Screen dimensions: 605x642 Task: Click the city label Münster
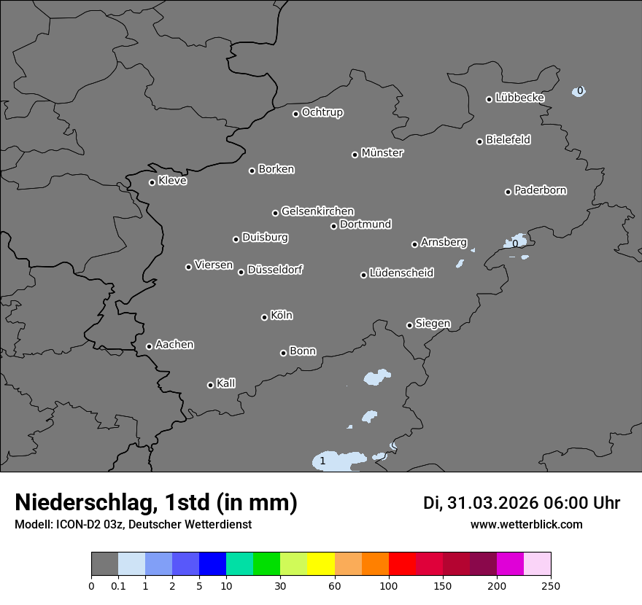[382, 153]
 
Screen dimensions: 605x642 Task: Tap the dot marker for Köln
[264, 317]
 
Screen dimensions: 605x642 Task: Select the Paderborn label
[541, 190]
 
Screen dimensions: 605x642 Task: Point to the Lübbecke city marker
[490, 99]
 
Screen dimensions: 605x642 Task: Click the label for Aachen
[174, 345]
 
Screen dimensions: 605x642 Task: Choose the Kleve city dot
[152, 182]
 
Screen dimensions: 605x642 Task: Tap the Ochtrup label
[322, 112]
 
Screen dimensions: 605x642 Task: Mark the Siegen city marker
[409, 325]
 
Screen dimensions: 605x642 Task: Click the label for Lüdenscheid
[401, 273]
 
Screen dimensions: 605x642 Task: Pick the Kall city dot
[210, 385]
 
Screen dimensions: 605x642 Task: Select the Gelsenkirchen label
[317, 211]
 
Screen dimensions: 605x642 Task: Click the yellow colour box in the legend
[321, 564]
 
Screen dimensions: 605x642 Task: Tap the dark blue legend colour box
[212, 564]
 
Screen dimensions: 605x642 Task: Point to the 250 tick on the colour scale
[551, 585]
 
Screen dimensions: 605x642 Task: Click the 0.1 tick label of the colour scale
[118, 585]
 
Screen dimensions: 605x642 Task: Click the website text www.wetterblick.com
[526, 524]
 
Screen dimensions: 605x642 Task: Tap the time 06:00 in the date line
[568, 503]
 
